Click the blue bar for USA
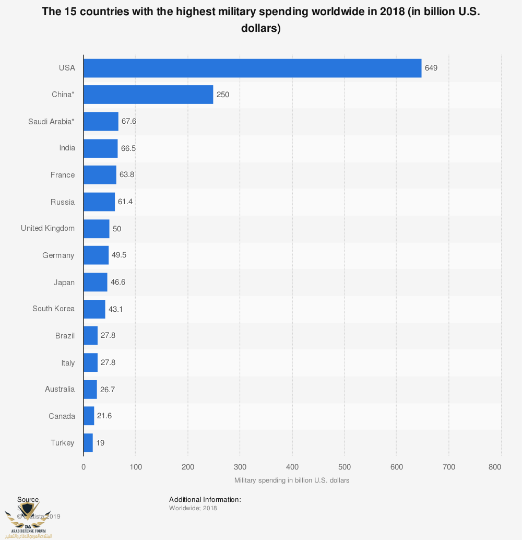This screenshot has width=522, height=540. click(252, 68)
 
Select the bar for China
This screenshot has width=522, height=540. click(148, 95)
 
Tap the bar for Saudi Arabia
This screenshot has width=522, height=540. click(101, 121)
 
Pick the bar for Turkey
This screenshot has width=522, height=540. click(88, 443)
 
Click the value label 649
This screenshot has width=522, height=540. click(431, 68)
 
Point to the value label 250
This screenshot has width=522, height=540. click(223, 95)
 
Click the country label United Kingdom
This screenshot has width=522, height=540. click(48, 228)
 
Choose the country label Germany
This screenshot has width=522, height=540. click(58, 255)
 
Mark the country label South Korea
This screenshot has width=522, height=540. click(53, 309)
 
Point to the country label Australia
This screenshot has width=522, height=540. click(60, 389)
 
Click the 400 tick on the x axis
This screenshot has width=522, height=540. click(292, 467)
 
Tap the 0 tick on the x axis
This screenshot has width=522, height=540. click(84, 467)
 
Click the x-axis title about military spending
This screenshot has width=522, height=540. click(292, 480)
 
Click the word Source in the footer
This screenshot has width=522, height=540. click(28, 500)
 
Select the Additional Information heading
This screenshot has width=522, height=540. click(205, 500)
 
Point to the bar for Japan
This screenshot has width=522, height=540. click(96, 282)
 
